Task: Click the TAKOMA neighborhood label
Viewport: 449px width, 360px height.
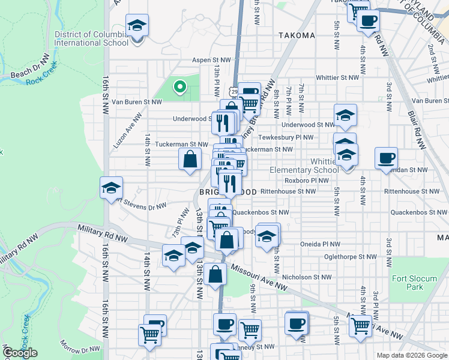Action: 297,35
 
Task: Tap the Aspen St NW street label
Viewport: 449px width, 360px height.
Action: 211,60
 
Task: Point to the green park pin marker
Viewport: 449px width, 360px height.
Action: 179,88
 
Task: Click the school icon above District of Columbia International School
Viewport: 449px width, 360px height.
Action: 137,26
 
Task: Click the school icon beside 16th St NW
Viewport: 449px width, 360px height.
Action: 111,188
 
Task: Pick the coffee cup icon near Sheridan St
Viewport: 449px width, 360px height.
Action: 386,158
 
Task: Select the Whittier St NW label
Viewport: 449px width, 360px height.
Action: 337,77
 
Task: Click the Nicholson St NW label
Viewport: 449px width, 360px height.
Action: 307,277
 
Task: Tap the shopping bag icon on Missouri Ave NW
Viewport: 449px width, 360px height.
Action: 215,275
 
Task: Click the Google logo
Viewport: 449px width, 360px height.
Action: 20,353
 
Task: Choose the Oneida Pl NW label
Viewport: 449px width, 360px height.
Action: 320,244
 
